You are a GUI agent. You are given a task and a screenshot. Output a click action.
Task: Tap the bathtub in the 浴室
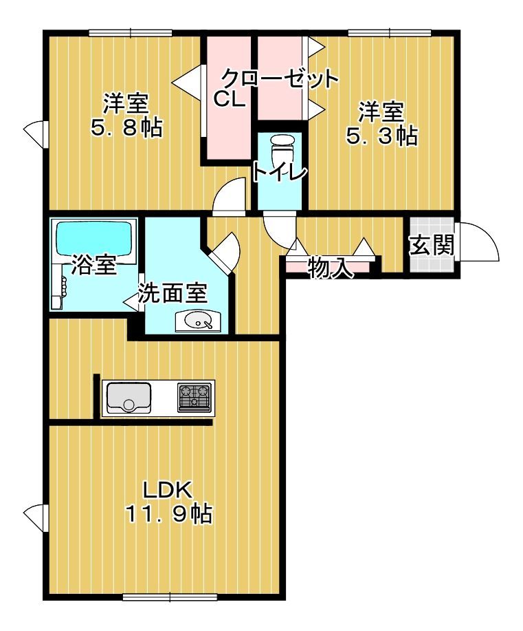point(95,241)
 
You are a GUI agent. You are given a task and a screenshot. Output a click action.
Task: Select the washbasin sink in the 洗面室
point(198,321)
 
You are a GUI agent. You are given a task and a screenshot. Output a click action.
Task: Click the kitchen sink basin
point(129,397)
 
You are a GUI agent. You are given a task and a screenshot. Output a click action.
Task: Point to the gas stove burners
point(195,397)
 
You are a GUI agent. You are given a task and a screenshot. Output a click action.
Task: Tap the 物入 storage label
point(331,268)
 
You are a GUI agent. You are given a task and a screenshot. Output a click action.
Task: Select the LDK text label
point(167,490)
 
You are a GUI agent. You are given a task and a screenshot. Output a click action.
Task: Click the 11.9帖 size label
point(169,513)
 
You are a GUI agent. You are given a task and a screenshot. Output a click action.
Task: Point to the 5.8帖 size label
point(127,127)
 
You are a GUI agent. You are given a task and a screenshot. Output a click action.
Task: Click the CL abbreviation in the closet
point(229,98)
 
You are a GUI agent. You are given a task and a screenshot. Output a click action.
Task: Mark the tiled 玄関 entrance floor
point(432,245)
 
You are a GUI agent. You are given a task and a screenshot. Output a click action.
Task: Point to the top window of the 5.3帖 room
point(390,32)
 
